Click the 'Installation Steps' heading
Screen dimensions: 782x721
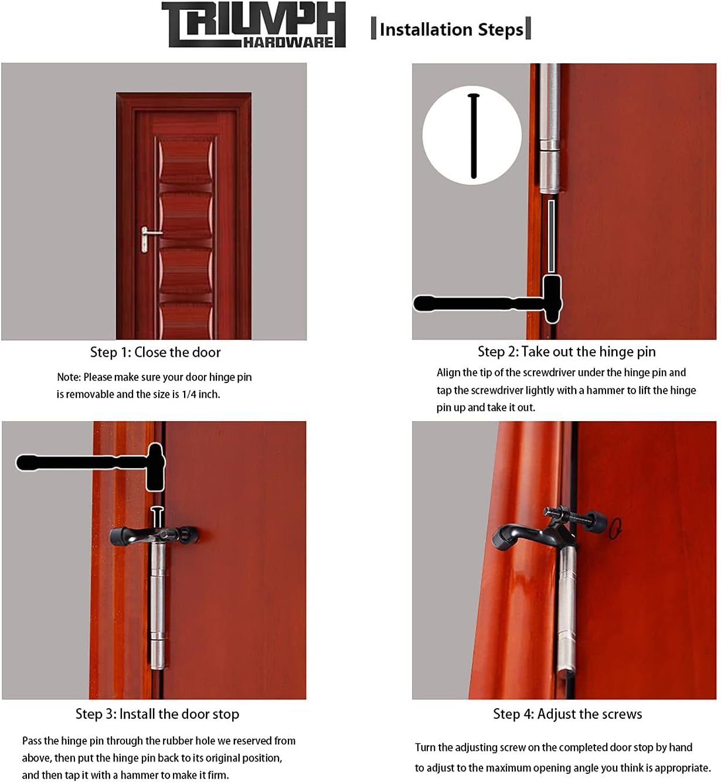[x=451, y=29]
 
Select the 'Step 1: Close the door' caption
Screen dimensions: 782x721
[x=155, y=352]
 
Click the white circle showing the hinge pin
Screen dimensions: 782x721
[x=472, y=135]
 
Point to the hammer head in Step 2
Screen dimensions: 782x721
[x=552, y=299]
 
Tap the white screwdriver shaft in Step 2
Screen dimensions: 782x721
[x=551, y=234]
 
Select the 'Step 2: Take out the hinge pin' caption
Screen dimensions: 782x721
[x=566, y=351]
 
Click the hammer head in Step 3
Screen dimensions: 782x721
[x=155, y=467]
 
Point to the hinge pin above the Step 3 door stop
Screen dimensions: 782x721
[x=157, y=517]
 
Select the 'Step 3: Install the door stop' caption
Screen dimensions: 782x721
[x=157, y=714]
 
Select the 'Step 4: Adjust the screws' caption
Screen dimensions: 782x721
[x=567, y=714]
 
